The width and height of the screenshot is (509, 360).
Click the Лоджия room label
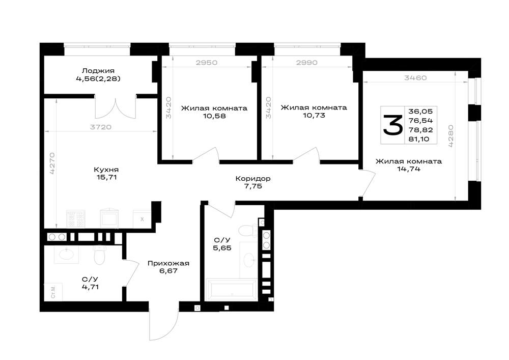(x=98, y=71)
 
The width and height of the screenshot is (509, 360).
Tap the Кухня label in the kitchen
(x=106, y=170)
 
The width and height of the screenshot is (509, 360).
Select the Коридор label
(x=253, y=179)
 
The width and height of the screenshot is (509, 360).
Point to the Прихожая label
(x=168, y=263)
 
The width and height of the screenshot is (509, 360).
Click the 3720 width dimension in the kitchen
(x=101, y=127)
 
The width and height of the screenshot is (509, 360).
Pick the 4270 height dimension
(x=52, y=163)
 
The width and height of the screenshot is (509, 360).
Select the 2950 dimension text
(x=207, y=63)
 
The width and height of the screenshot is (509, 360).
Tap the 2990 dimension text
(x=307, y=63)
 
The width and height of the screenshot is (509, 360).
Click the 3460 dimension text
(x=415, y=78)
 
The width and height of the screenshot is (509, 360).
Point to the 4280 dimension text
(x=451, y=136)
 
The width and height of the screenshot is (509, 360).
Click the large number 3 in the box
(x=393, y=125)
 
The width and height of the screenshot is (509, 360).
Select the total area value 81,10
(x=419, y=139)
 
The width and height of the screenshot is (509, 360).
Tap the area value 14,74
(x=409, y=169)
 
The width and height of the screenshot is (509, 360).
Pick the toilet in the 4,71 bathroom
(x=99, y=254)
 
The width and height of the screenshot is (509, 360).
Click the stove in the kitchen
(x=76, y=219)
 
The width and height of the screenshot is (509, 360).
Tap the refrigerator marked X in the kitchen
(x=142, y=219)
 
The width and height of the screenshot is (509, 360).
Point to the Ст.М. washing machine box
(x=53, y=291)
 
